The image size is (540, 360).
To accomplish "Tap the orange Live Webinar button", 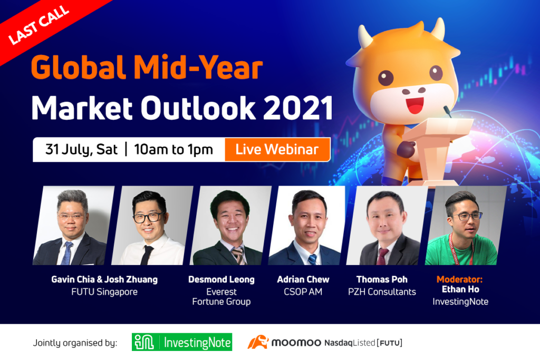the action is coord(277,149).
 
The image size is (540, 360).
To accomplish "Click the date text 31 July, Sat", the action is coord(81,149).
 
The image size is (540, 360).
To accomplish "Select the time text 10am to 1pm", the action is coord(173,150).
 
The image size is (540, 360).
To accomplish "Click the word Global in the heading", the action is coord(78,67).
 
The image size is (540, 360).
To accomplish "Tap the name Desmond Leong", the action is coord(221,279).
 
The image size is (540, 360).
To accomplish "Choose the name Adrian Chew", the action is coord(303,279).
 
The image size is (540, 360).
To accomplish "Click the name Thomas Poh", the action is coord(382,279).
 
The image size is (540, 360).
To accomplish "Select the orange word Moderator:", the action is coord(459,279).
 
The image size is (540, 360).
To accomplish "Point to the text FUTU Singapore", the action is coord(104,292).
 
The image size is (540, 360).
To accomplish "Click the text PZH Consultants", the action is coord(382,292).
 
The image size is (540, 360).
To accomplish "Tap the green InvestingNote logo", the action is coord(182,342).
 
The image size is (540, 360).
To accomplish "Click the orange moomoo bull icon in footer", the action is coord(257,342).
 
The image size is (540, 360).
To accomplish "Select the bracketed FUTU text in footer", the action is coord(390,343).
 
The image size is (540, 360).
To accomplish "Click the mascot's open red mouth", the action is coord(415,105).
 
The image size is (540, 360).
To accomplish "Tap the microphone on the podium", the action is coord(447,111).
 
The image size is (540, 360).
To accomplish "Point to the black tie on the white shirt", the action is coord(147,255).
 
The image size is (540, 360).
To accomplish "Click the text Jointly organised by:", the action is coord(75,343).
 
